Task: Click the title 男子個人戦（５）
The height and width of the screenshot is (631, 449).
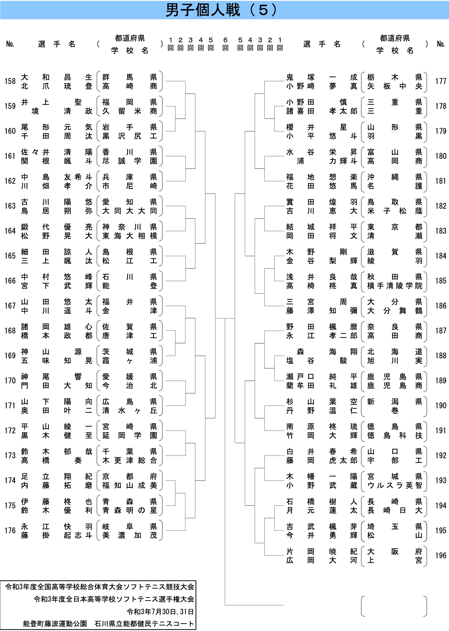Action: point(221,10)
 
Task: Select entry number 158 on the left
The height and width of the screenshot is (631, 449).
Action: point(10,81)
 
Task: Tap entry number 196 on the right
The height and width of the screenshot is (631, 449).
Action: point(441,556)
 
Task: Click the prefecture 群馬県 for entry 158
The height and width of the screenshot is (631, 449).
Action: point(130,77)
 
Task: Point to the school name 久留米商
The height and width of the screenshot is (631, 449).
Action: point(130,111)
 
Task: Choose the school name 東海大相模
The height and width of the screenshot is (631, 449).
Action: point(130,236)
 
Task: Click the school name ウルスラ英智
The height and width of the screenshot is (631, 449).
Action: point(395,485)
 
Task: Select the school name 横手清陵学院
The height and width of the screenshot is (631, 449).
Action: point(395,286)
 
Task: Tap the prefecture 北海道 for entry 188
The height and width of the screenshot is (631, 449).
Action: point(395,352)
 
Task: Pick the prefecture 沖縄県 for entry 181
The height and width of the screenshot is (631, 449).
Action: point(395,177)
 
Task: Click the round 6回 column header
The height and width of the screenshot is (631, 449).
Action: point(225,44)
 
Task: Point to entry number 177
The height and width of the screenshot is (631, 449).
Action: point(441,81)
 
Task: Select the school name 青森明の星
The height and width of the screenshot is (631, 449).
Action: point(130,510)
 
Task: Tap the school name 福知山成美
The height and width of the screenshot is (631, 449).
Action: point(130,485)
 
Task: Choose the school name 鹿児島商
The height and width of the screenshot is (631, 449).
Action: point(395,385)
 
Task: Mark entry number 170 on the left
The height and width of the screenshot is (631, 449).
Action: point(10,381)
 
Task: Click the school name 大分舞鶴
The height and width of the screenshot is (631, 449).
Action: point(395,311)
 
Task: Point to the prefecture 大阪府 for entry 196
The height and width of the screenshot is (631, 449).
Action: point(395,551)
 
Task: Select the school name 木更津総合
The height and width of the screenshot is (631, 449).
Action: point(130,460)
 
